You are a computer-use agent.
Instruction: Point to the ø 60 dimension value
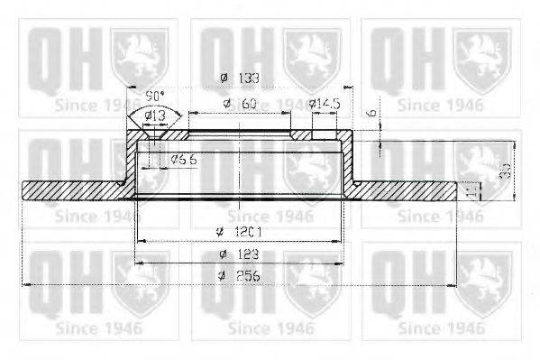click(242, 105)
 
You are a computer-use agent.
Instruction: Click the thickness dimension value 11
click(470, 190)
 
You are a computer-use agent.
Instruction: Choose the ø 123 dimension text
click(237, 255)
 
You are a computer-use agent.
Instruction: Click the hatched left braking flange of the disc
click(72, 190)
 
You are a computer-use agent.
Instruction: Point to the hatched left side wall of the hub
click(130, 167)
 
